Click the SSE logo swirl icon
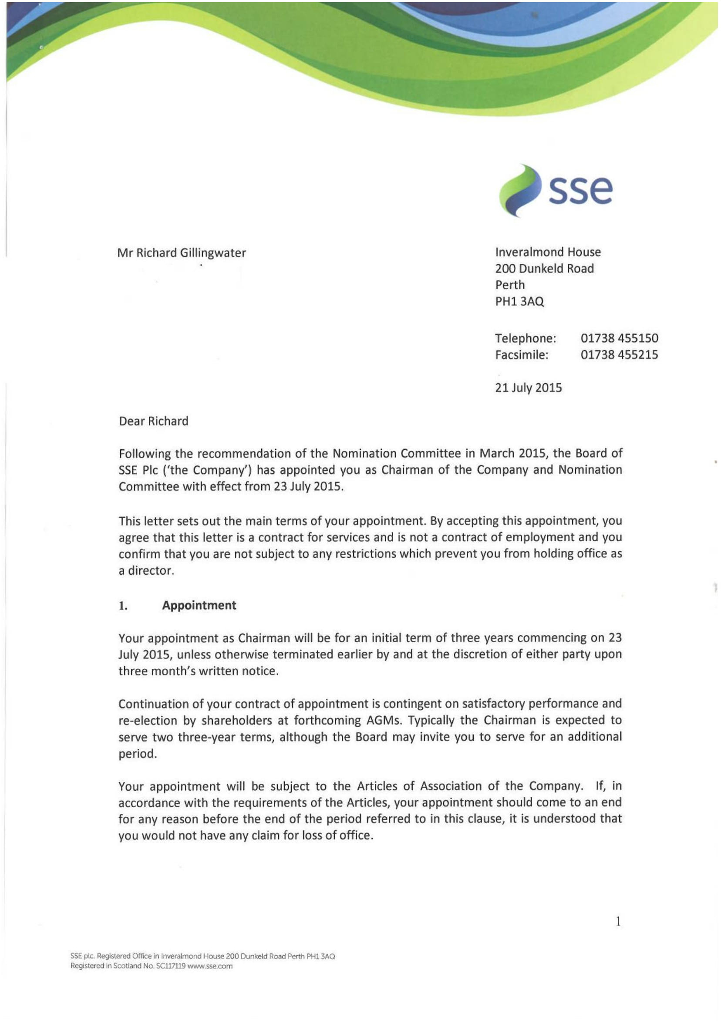pos(519,191)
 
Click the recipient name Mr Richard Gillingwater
pos(182,253)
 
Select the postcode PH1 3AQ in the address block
pos(519,301)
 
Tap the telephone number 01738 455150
pos(619,338)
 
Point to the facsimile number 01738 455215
pos(619,355)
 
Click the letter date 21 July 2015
pos(528,388)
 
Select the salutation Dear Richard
pos(153,421)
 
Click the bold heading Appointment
pos(199,605)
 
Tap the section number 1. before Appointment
pos(123,606)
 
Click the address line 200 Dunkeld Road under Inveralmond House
pos(544,269)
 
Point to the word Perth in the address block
pos(510,285)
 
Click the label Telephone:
pos(525,338)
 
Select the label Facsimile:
pos(522,355)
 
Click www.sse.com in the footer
pos(210,966)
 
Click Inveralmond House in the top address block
pos(548,252)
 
